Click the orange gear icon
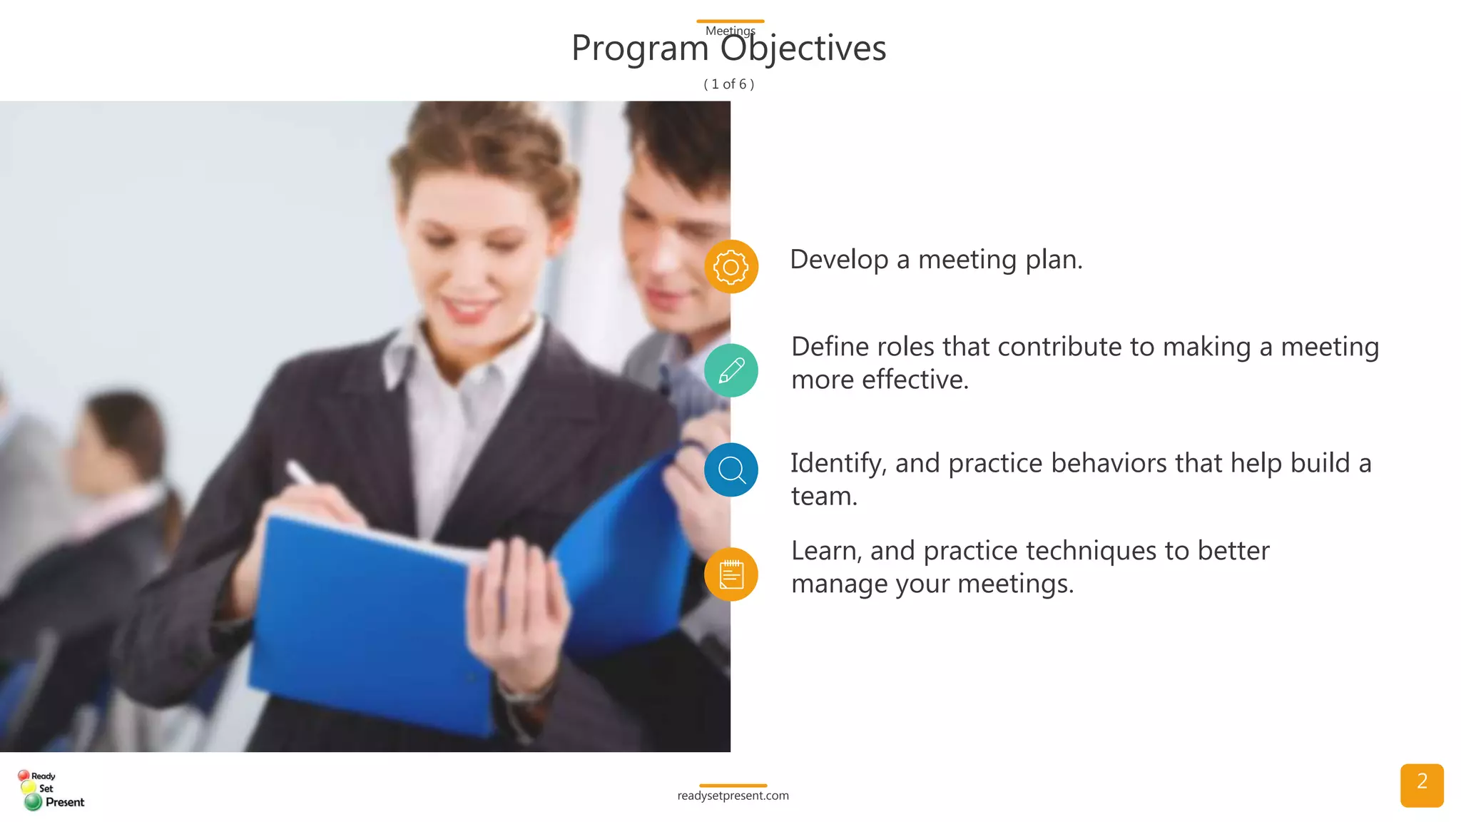click(730, 267)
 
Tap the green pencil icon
click(730, 370)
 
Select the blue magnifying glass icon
click(730, 470)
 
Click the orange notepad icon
click(730, 574)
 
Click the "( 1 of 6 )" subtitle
click(729, 84)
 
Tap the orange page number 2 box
click(1421, 785)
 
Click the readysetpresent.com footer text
click(733, 796)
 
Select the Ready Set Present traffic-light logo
click(50, 790)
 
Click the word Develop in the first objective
click(839, 260)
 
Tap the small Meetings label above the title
click(730, 31)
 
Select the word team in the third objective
click(823, 497)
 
